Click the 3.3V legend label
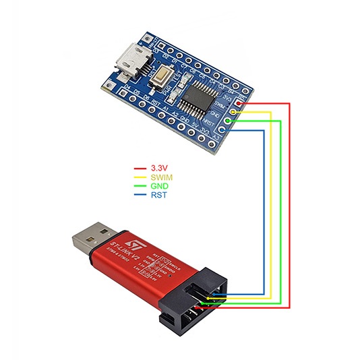pos(160,169)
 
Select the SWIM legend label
pos(162,177)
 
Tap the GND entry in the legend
pos(160,186)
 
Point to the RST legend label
pos(159,195)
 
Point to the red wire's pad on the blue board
pos(241,103)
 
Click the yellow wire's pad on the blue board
pos(234,111)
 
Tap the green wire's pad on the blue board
pos(229,120)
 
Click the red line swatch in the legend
pos(140,169)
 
